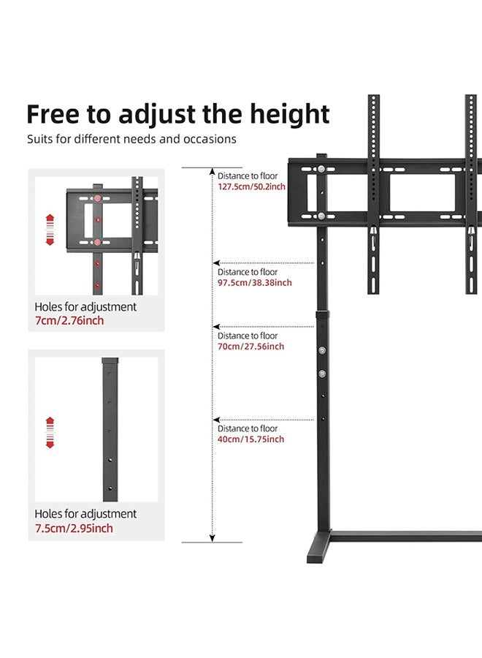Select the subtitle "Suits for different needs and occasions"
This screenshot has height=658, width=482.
(132, 139)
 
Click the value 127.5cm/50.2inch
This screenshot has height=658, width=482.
(251, 186)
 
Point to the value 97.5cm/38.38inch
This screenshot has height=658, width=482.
(254, 283)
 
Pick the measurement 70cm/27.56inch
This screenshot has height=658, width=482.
(250, 347)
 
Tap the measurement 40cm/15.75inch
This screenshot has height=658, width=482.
(250, 439)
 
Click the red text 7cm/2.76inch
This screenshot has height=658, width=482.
(70, 322)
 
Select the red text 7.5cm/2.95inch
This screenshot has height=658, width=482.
(74, 529)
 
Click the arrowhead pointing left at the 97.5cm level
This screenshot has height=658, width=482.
(216, 263)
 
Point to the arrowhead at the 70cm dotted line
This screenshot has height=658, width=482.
(216, 327)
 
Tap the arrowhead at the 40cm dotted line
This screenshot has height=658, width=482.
(216, 420)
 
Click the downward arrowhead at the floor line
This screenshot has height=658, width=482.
(213, 538)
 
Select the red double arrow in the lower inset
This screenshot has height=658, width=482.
(50, 432)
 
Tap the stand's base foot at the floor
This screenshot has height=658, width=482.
(318, 551)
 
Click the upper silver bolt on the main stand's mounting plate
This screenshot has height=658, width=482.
(321, 171)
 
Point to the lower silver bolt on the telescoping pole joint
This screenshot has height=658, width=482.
(322, 373)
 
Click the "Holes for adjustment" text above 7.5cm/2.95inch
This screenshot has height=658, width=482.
(85, 514)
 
